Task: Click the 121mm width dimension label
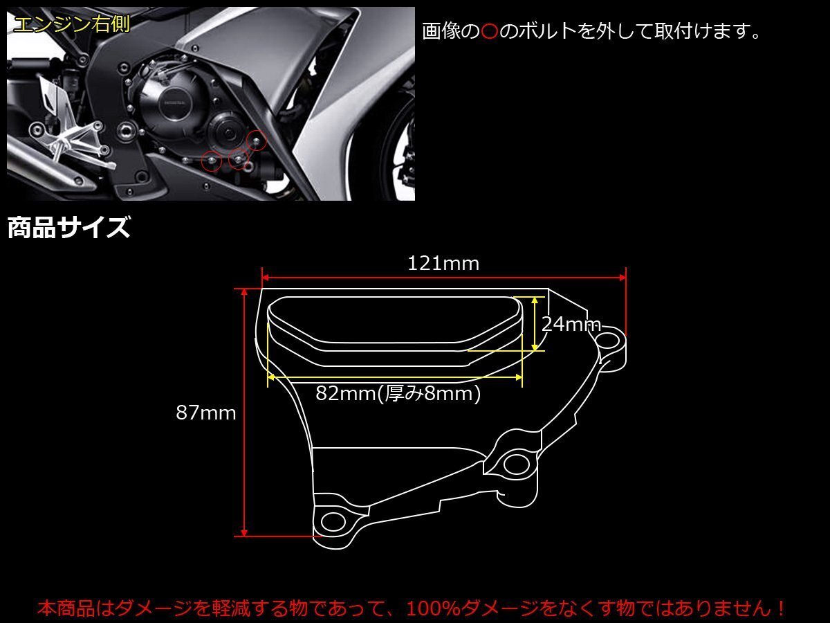pyautogui.click(x=443, y=264)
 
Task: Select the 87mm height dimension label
pyautogui.click(x=206, y=413)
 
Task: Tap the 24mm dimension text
pyautogui.click(x=571, y=323)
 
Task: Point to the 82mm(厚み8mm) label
pyautogui.click(x=398, y=394)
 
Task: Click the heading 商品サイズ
pyautogui.click(x=68, y=228)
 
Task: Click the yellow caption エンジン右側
pyautogui.click(x=71, y=25)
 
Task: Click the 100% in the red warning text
pyautogui.click(x=430, y=608)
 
